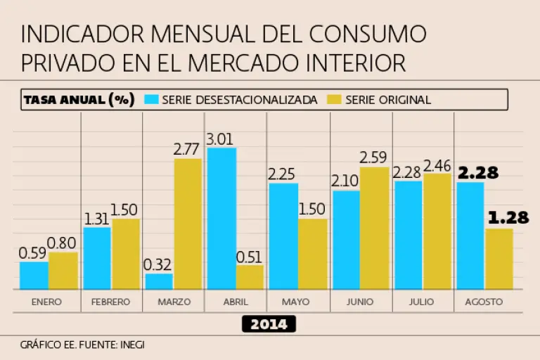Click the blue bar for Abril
click(221, 218)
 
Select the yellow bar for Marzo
click(188, 224)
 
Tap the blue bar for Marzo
click(159, 281)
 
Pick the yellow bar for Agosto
click(499, 258)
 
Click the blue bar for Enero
click(34, 275)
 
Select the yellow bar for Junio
click(374, 228)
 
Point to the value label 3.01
click(220, 139)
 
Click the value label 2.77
click(188, 149)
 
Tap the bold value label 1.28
click(508, 218)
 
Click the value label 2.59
click(374, 157)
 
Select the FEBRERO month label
click(111, 302)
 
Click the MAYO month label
click(297, 302)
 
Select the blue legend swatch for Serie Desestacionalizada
click(151, 100)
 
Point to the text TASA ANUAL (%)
click(79, 100)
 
